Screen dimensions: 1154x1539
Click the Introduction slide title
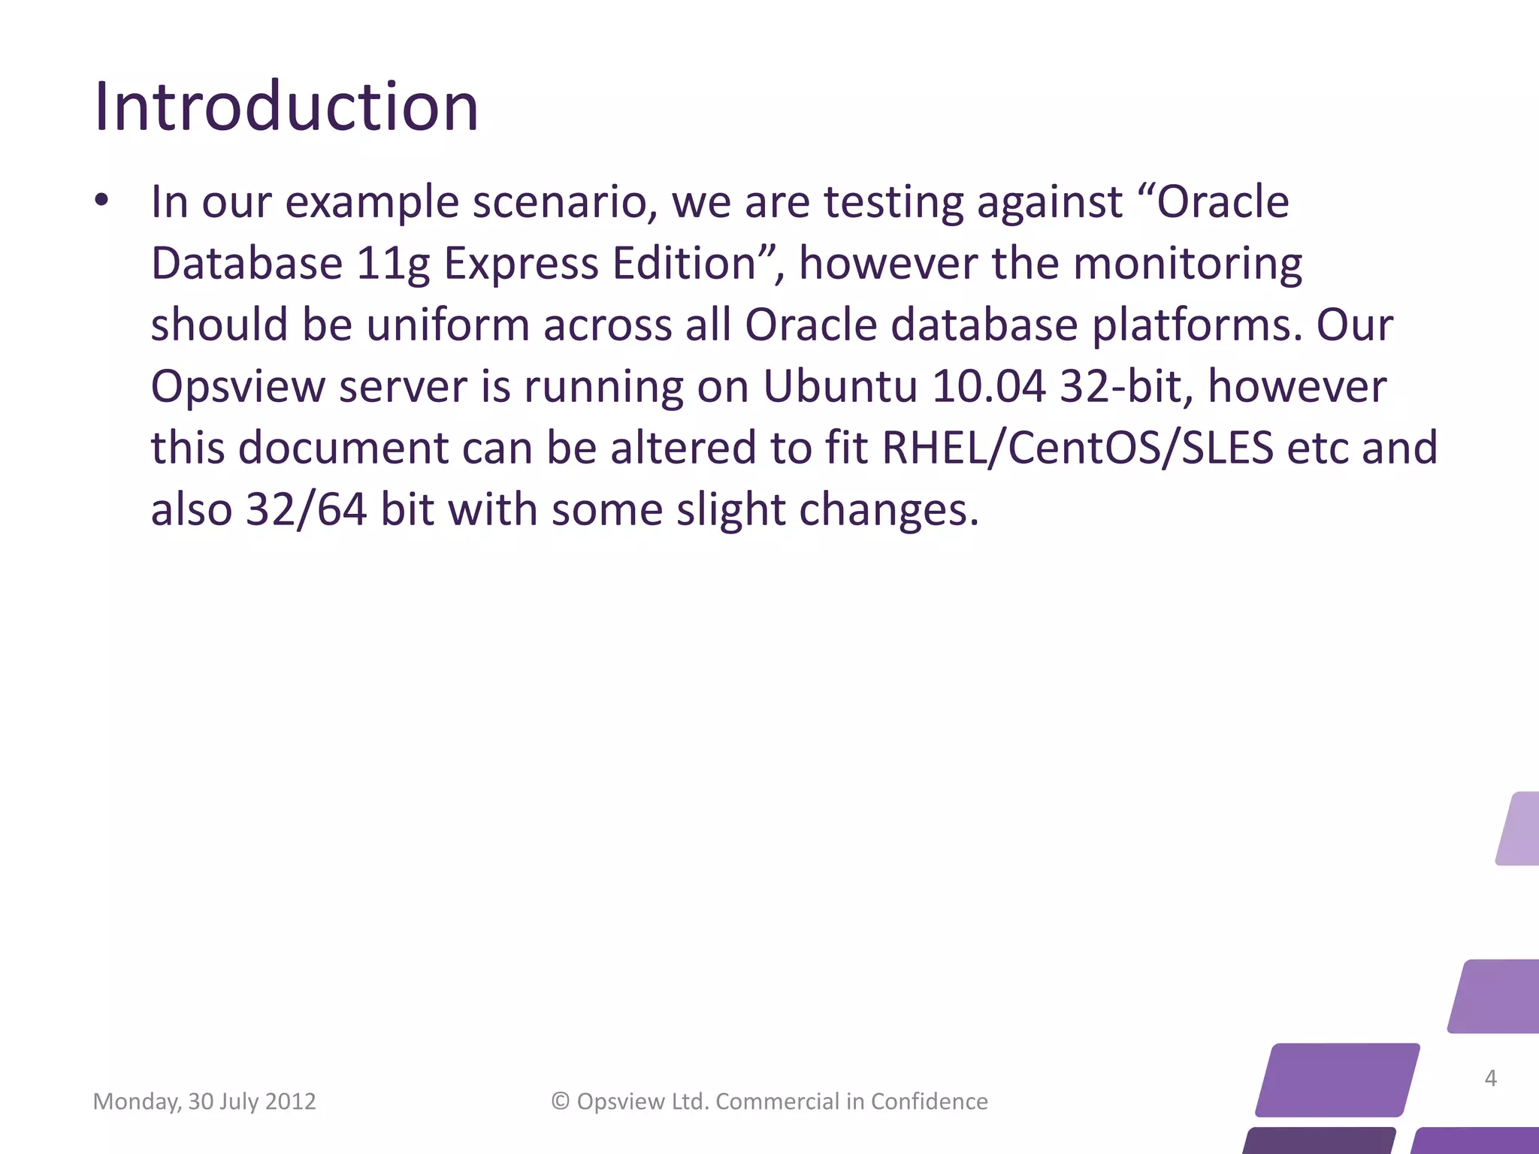286,107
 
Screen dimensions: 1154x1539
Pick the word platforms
1196,325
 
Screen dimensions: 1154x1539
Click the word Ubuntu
839,387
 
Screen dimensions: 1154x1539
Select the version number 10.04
988,387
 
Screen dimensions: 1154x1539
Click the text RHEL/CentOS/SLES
1078,449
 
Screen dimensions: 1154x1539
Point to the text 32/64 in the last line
306,510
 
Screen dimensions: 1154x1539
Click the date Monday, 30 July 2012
204,1101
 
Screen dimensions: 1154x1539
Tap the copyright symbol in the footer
560,1101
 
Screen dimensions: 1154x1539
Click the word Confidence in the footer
929,1101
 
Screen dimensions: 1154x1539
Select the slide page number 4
1491,1079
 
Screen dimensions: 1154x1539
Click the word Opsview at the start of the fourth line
237,387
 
